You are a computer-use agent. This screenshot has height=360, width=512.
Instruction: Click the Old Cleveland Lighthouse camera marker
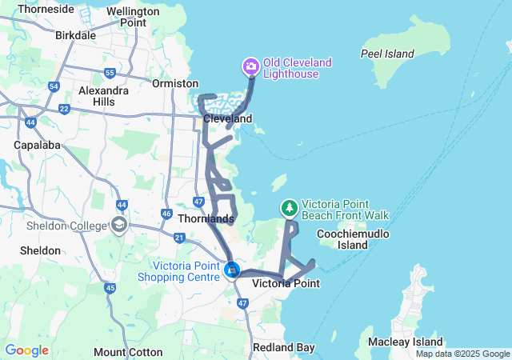click(250, 66)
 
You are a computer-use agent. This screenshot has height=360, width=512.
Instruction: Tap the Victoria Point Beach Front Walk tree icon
click(289, 208)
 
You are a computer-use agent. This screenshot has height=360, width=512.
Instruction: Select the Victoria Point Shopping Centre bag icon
click(232, 270)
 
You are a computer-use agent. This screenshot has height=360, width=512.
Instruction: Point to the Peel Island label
click(387, 54)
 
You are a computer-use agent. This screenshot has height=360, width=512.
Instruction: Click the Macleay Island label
click(399, 342)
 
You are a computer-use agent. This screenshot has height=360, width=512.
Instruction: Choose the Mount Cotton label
click(121, 352)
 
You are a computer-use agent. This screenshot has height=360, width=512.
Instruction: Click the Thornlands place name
click(206, 218)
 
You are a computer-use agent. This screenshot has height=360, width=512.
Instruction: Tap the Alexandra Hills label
click(103, 97)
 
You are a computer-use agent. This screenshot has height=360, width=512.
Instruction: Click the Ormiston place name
click(176, 83)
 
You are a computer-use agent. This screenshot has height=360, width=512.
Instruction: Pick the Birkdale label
click(76, 35)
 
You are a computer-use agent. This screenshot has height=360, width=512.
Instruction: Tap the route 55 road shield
click(109, 74)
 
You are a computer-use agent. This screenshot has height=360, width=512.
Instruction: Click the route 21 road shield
click(179, 238)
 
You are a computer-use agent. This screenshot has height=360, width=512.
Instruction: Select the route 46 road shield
click(166, 214)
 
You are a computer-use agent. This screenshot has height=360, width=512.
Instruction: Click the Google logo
click(27, 350)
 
